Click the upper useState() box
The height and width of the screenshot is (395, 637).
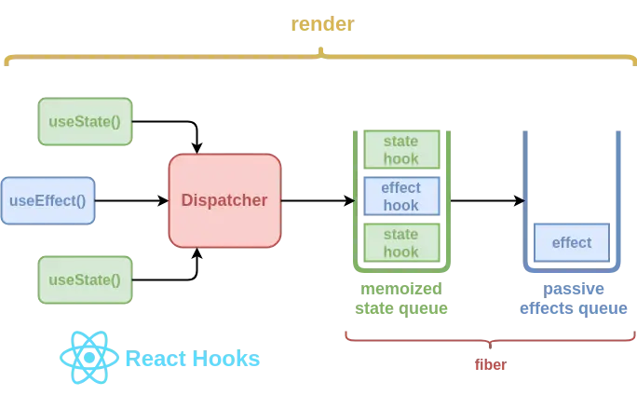pyautogui.click(x=85, y=122)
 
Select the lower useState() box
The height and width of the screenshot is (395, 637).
pyautogui.click(x=85, y=279)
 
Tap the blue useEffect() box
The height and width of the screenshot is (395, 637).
pyautogui.click(x=47, y=200)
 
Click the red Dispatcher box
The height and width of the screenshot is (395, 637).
pyautogui.click(x=224, y=200)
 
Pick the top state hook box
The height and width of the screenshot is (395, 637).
pyautogui.click(x=400, y=150)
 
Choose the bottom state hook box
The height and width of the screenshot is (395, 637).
pyautogui.click(x=400, y=242)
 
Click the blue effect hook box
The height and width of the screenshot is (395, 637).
pyautogui.click(x=400, y=197)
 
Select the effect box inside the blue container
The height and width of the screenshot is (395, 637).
pyautogui.click(x=571, y=242)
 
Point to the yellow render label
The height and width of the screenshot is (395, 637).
pyautogui.click(x=321, y=25)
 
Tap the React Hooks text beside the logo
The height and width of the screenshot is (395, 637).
pyautogui.click(x=192, y=359)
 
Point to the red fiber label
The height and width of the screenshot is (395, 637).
pyautogui.click(x=490, y=365)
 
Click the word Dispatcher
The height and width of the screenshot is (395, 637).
pyautogui.click(x=224, y=200)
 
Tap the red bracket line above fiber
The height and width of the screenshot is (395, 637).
pyautogui.click(x=419, y=339)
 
